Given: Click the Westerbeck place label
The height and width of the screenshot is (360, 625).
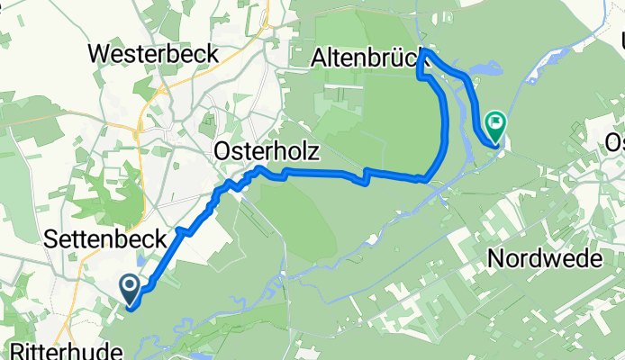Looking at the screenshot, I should click(153, 53).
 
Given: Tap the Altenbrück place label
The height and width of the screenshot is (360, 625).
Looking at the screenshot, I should click(365, 59).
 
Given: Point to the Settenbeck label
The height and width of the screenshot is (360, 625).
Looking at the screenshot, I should click(105, 239).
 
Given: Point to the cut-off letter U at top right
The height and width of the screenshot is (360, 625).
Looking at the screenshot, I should click(620, 40).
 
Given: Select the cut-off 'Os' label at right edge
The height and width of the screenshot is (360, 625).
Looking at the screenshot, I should click(614, 142).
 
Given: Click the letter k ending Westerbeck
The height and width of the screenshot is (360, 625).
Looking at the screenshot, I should click(211, 53).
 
